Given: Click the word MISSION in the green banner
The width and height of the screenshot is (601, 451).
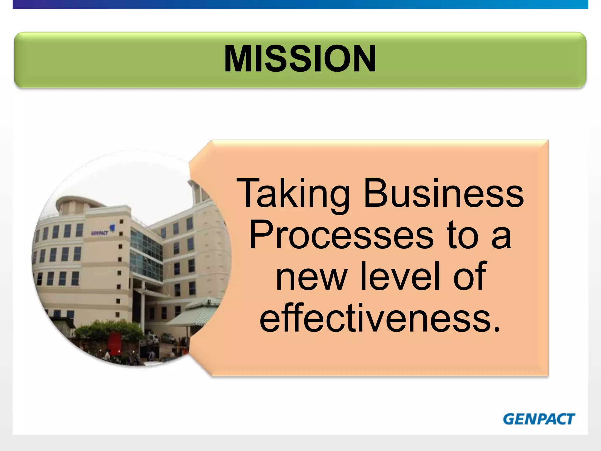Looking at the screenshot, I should pos(300,59).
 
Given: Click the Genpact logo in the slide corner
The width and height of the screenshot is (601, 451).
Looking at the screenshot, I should pos(539,419).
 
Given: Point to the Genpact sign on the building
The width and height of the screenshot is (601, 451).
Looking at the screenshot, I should pos(100,233).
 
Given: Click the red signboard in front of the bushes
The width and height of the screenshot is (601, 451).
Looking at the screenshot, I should pos(115,341).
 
